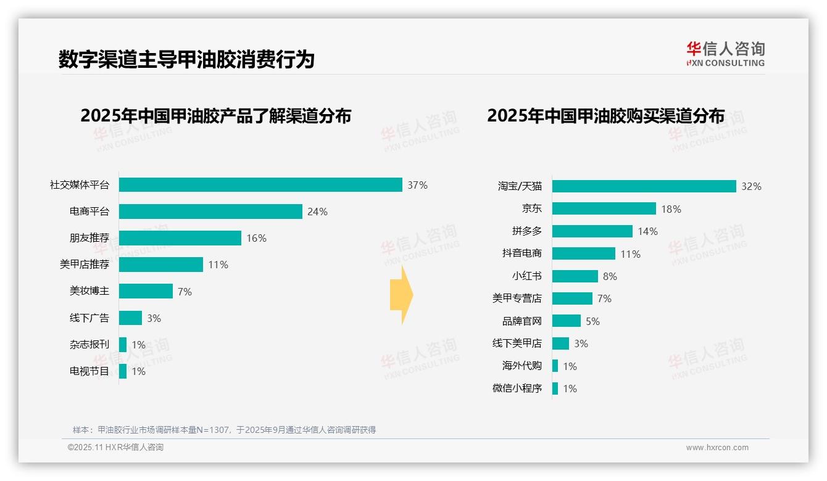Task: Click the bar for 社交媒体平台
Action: (x=260, y=185)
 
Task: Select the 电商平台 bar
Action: (x=210, y=212)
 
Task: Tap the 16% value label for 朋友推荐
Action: (x=256, y=238)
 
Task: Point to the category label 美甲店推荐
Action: (x=85, y=265)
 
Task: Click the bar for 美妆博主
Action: (x=146, y=291)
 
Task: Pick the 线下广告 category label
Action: (x=89, y=318)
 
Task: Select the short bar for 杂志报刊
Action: (x=123, y=345)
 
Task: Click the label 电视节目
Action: (x=89, y=371)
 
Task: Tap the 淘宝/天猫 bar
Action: (x=644, y=186)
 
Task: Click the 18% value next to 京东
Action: (x=671, y=209)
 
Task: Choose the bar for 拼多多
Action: (x=592, y=231)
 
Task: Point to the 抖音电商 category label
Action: (x=522, y=253)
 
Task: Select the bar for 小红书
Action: (x=575, y=276)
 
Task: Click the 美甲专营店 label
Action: (x=517, y=298)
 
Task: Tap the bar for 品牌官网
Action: (x=566, y=321)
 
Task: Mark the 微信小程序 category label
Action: (x=517, y=388)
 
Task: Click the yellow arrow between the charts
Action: (x=401, y=295)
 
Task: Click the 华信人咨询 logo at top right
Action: (x=725, y=54)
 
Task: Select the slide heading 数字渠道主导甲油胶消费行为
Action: (x=186, y=59)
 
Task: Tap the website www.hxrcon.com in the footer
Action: (x=717, y=448)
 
